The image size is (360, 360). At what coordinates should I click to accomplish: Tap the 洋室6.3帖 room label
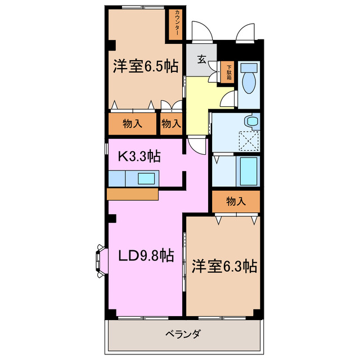(223, 265)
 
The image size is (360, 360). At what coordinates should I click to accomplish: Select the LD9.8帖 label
(145, 256)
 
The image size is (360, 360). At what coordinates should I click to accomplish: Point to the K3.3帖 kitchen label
(139, 156)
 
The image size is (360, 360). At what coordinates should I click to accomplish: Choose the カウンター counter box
(177, 24)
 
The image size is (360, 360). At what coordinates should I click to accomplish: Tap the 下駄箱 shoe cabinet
(229, 72)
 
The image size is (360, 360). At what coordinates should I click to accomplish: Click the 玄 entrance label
(201, 58)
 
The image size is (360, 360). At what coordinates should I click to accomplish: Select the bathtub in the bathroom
(248, 170)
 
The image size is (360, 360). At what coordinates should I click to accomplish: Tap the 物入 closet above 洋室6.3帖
(236, 201)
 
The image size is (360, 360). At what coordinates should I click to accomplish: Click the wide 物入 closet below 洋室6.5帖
(132, 124)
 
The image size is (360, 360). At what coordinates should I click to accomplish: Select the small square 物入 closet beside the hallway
(171, 124)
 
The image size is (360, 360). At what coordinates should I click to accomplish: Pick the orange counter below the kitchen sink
(132, 193)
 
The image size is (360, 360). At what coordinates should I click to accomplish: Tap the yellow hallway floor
(197, 107)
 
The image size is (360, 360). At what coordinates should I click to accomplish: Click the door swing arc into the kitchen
(196, 146)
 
